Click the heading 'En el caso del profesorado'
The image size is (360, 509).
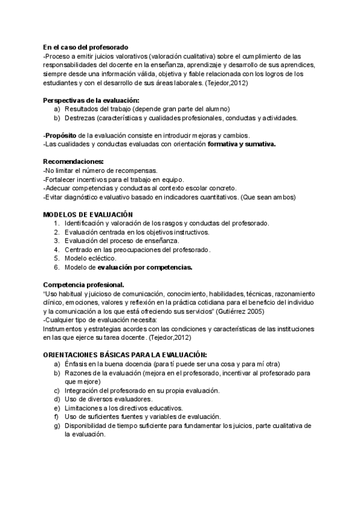point(86,46)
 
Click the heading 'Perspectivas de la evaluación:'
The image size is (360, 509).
point(91,100)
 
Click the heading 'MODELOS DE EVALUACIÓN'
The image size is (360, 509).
point(88,214)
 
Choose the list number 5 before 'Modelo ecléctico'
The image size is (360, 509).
point(56,258)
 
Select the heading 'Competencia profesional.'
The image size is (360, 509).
point(84,285)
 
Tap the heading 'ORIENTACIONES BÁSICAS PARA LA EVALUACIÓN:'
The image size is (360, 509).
point(125,355)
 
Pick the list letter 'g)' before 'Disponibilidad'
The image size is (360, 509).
point(56,426)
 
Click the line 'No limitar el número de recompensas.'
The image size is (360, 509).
point(100,170)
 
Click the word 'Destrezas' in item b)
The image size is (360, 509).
point(80,118)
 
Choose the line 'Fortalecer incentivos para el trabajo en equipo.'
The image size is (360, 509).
point(113,179)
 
